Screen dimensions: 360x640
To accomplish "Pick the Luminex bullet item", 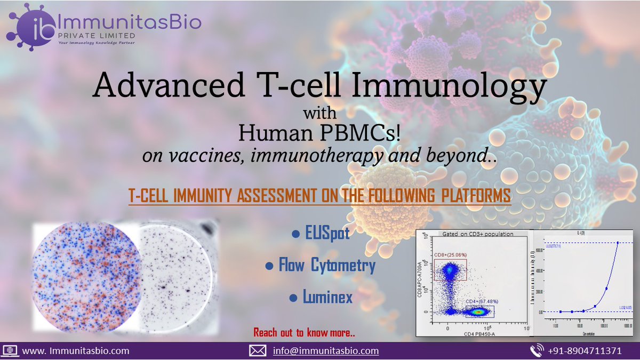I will click(321, 297).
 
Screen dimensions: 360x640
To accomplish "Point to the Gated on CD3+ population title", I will click(474, 234).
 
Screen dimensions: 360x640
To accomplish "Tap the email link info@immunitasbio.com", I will click(325, 351).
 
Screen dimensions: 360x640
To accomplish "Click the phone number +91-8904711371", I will click(585, 351).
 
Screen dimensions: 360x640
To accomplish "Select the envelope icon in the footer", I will click(258, 351).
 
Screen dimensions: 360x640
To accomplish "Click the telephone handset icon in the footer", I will click(537, 351).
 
